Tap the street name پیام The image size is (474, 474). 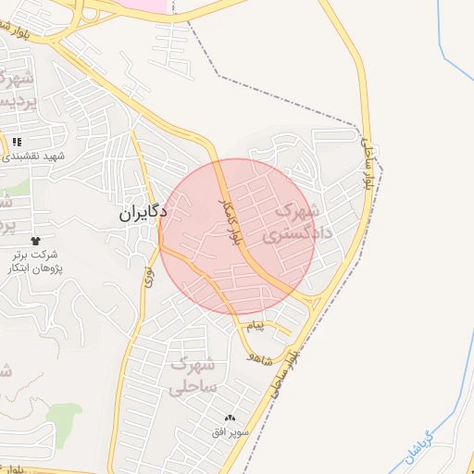256,328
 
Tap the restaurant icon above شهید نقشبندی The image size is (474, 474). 17,142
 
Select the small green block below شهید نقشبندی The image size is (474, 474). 22,186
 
